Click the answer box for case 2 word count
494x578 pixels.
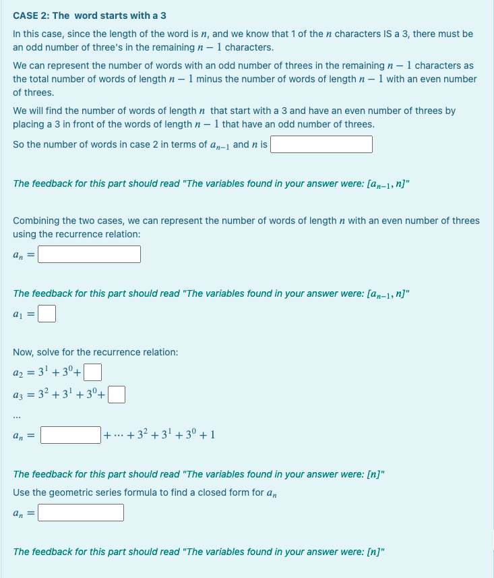[x=321, y=144]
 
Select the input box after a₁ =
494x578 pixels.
[x=47, y=314]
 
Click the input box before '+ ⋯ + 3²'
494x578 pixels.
[x=70, y=434]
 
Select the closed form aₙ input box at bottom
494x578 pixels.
[x=80, y=513]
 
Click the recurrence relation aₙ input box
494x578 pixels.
[x=89, y=254]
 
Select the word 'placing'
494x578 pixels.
[x=29, y=124]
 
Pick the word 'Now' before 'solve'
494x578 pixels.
[x=22, y=352]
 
